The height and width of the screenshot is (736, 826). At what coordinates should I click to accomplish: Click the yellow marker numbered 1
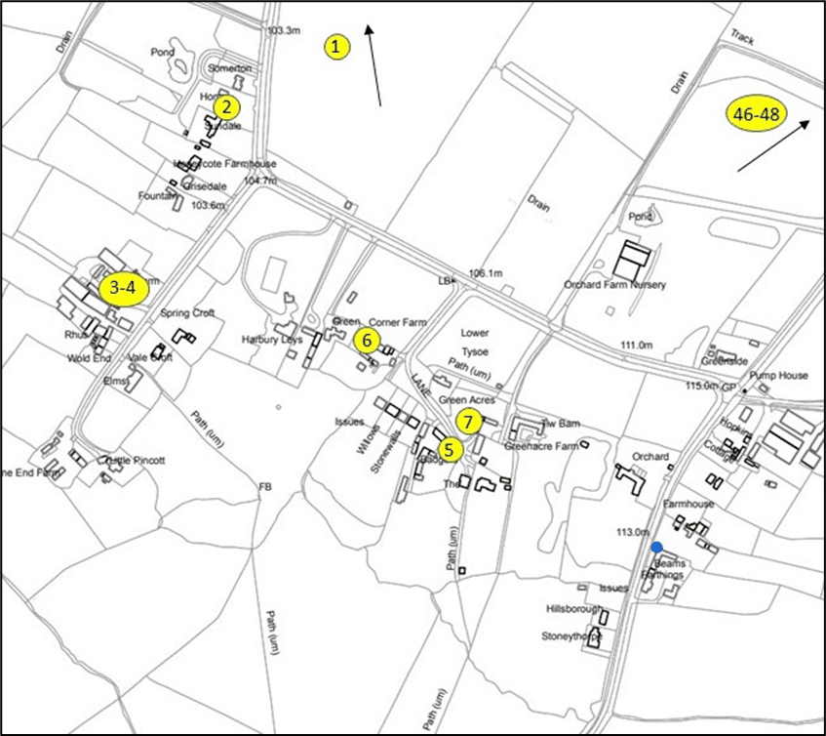pyautogui.click(x=336, y=46)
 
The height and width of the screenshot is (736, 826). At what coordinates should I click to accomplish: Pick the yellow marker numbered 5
pyautogui.click(x=449, y=450)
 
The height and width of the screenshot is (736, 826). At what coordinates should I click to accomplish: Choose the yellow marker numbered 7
pyautogui.click(x=469, y=422)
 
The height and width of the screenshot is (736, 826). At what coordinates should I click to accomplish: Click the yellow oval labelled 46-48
pyautogui.click(x=757, y=114)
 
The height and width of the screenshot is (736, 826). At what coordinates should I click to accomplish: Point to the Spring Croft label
pyautogui.click(x=188, y=313)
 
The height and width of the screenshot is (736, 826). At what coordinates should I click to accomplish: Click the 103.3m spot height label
pyautogui.click(x=283, y=31)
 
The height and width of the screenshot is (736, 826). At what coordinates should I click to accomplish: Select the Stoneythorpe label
pyautogui.click(x=573, y=636)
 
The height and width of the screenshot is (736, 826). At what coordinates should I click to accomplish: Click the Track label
pyautogui.click(x=743, y=35)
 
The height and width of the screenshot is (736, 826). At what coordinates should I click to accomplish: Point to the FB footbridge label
pyautogui.click(x=263, y=485)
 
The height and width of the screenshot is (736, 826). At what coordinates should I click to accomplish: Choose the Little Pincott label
pyautogui.click(x=136, y=460)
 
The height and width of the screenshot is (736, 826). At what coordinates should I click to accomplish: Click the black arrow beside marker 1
pyautogui.click(x=374, y=66)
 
